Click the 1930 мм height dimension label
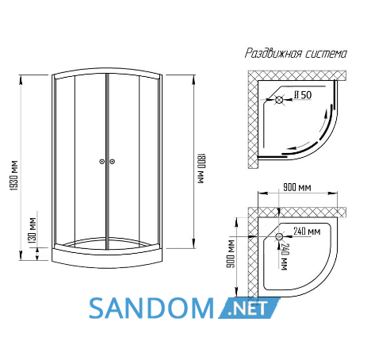[14, 175]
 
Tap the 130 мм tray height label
[33, 230]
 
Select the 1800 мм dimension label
[201, 168]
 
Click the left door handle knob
[102, 162]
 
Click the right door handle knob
[112, 162]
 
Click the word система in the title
[327, 54]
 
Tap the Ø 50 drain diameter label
[303, 95]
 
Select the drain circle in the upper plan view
[279, 100]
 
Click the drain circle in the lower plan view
[279, 236]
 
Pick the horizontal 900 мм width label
[297, 187]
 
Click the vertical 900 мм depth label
[231, 254]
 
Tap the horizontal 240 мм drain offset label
[307, 232]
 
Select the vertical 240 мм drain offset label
[284, 257]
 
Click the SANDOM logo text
[151, 308]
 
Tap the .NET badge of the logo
[249, 308]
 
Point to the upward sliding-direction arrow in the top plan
[323, 121]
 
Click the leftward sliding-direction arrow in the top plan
[300, 146]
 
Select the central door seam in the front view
[107, 162]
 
